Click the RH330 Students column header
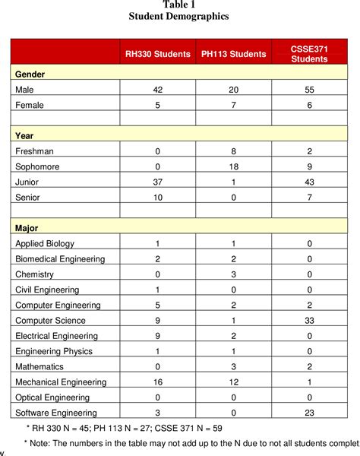pyautogui.click(x=157, y=54)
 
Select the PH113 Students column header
pyautogui.click(x=233, y=54)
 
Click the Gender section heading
pyautogui.click(x=30, y=74)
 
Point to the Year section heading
pyautogui.click(x=25, y=135)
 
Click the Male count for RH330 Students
pyautogui.click(x=157, y=90)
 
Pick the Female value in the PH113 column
pyautogui.click(x=233, y=105)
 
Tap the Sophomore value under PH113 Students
pyautogui.click(x=233, y=166)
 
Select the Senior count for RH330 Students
pyautogui.click(x=157, y=197)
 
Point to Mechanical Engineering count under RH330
pyautogui.click(x=157, y=382)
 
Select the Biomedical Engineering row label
pyautogui.click(x=60, y=258)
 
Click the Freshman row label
pyautogui.click(x=36, y=150)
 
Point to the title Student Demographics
pyautogui.click(x=179, y=16)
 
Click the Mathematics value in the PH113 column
pyautogui.click(x=233, y=366)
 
